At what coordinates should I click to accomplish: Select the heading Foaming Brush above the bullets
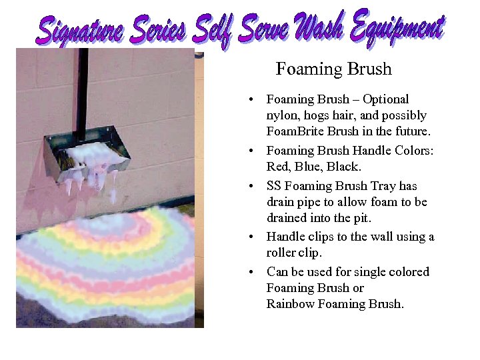click(x=333, y=69)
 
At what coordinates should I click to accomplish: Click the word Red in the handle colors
click(x=277, y=167)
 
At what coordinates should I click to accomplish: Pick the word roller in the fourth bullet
click(x=281, y=253)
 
